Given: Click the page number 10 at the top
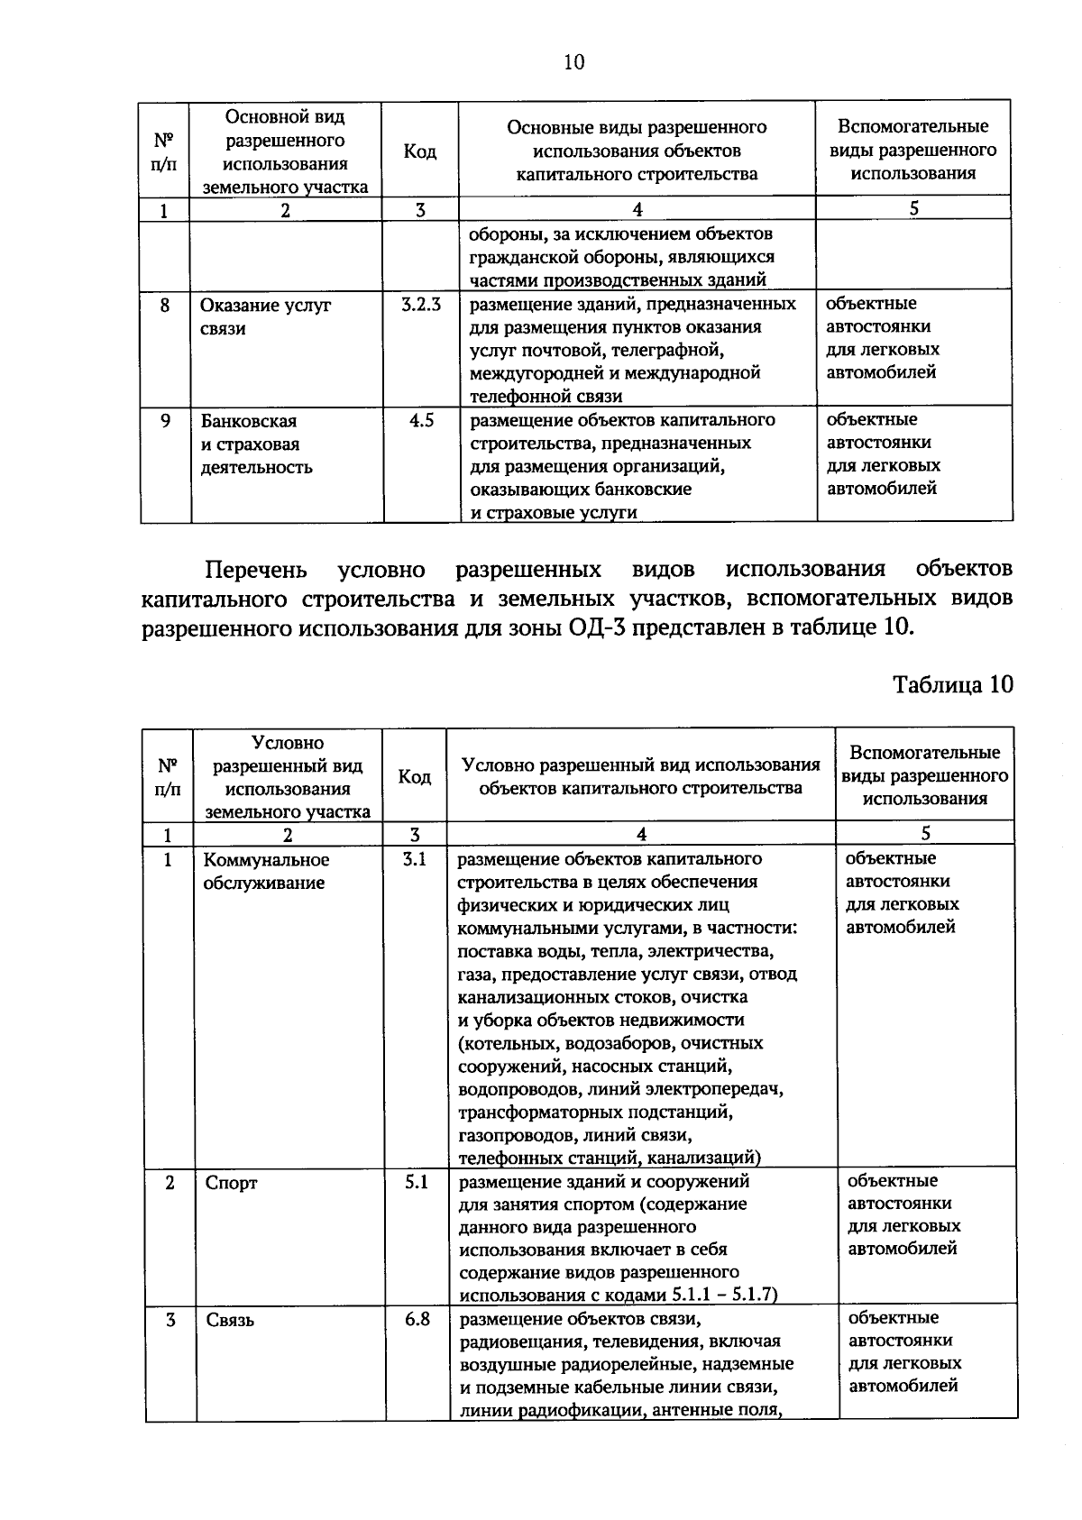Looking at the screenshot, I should tap(573, 62).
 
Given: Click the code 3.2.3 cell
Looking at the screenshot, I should tap(420, 305).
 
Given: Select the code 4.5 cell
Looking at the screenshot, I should tap(420, 420).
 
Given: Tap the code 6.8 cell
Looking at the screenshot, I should tap(416, 1320).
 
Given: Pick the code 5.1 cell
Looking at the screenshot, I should tap(416, 1182).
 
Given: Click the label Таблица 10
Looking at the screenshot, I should tap(953, 684).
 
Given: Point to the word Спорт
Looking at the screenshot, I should tap(232, 1183).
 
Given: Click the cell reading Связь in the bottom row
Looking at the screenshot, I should tap(230, 1321).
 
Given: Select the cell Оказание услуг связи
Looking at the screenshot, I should tap(265, 316).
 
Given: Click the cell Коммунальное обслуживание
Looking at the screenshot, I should tap(265, 872).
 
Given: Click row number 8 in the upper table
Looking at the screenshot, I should tap(165, 305).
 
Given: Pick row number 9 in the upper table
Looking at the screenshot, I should tap(165, 420).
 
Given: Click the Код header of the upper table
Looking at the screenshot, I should tap(419, 151).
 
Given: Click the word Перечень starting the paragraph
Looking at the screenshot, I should tap(256, 570).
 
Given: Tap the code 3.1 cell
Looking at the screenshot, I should tap(415, 860).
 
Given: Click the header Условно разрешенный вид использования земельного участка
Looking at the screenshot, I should tap(288, 776).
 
